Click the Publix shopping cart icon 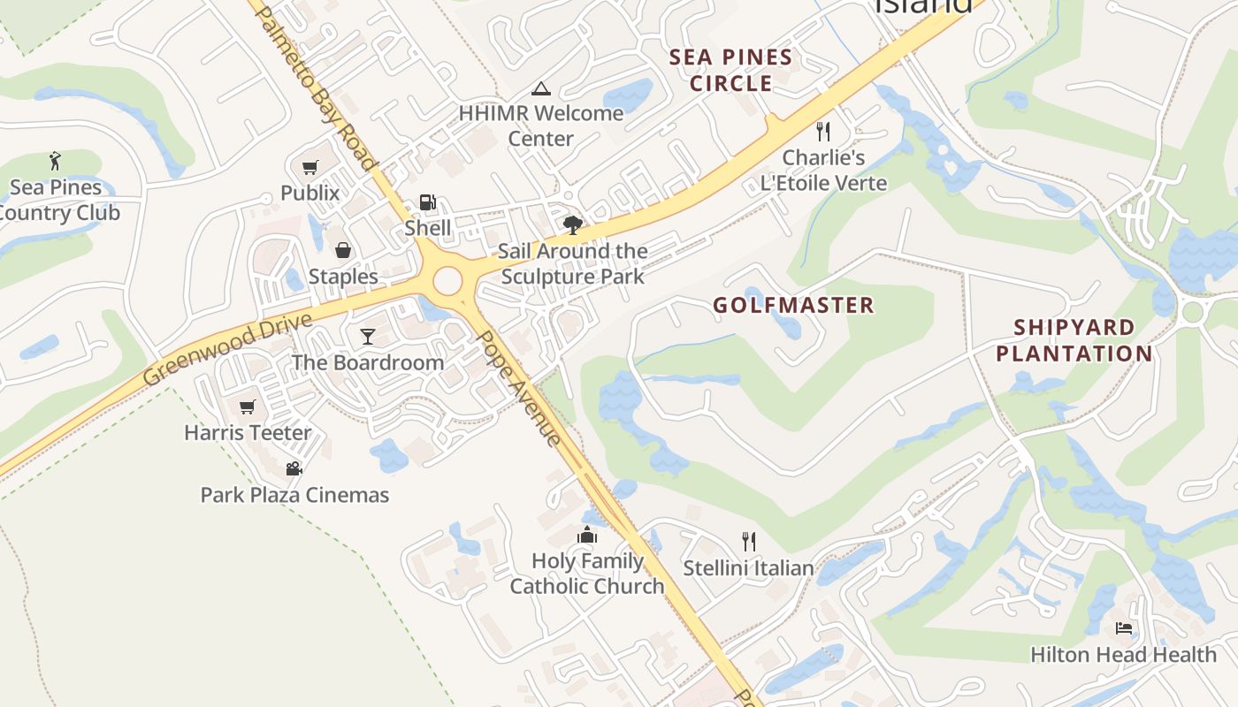point(309,167)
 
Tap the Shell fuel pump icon point(427,202)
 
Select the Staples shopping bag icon point(343,251)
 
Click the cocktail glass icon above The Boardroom point(368,336)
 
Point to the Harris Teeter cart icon point(248,407)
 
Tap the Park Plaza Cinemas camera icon point(294,468)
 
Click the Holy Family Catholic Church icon point(587,535)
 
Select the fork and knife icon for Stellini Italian point(749,541)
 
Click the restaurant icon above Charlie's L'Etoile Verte point(823,132)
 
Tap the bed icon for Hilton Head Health point(1124,628)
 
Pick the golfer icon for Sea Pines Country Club point(56,161)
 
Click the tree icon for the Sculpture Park point(572,224)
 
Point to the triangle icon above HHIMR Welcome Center point(540,88)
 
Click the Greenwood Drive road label point(228,349)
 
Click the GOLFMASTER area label point(793,306)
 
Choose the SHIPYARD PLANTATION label point(1074,340)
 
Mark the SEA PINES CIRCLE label point(730,71)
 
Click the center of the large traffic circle point(447,281)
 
